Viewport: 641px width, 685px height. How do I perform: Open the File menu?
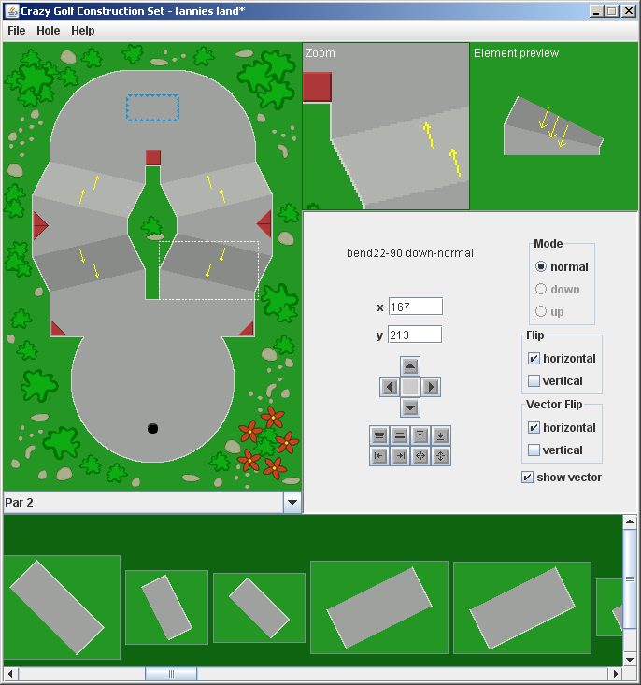(x=17, y=31)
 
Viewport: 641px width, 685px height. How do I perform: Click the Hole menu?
(x=49, y=31)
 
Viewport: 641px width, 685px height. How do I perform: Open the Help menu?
(x=83, y=31)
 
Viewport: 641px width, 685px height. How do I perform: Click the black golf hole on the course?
(x=152, y=428)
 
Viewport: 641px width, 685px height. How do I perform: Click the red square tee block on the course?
(x=153, y=158)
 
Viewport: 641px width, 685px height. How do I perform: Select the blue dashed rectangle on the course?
(x=153, y=108)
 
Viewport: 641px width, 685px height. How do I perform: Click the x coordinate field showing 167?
(x=415, y=307)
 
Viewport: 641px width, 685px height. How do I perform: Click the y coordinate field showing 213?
(x=415, y=335)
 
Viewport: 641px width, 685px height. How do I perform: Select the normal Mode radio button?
(x=541, y=267)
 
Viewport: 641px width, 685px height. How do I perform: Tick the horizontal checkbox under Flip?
(x=534, y=359)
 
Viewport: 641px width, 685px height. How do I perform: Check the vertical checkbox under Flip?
(x=534, y=381)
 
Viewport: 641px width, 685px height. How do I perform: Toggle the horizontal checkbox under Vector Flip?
(x=534, y=428)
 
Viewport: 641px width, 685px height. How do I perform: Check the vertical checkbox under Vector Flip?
(x=534, y=450)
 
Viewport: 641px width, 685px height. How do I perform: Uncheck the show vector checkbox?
(x=528, y=478)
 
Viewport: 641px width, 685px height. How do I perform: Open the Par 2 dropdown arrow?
(x=292, y=503)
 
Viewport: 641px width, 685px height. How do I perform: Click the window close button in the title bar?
(x=629, y=11)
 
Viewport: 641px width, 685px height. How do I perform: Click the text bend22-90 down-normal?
(x=410, y=253)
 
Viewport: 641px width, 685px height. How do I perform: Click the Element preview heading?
(x=516, y=53)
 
